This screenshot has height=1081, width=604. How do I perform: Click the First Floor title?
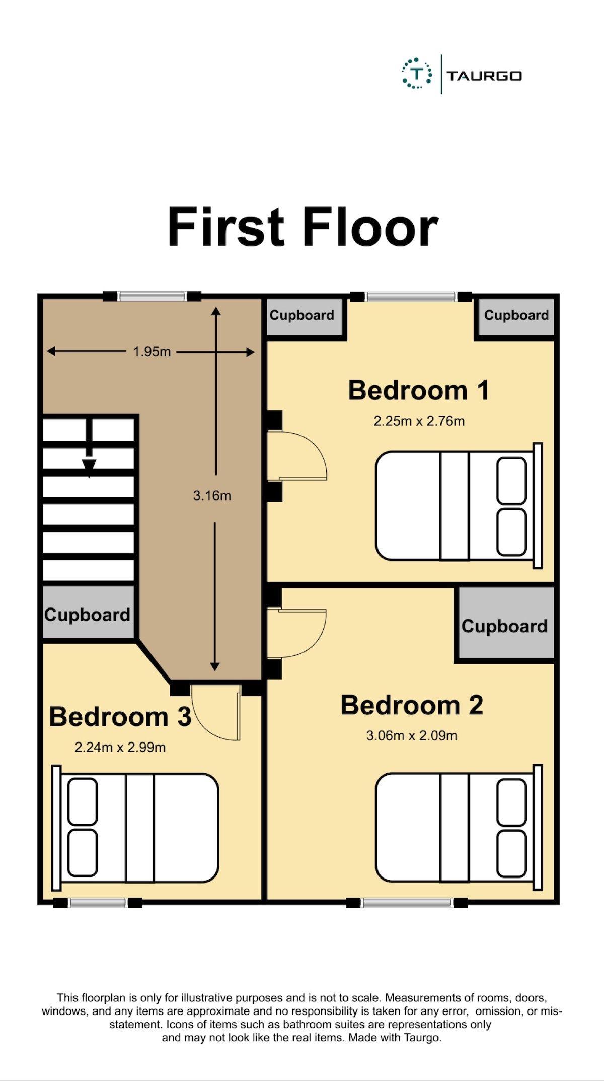tap(303, 227)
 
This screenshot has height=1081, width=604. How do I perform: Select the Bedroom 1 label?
tap(418, 391)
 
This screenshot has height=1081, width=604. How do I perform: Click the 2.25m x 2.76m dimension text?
tap(419, 421)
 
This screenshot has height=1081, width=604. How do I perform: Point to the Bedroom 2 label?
tap(412, 705)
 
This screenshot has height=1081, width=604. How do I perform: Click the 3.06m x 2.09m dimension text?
tap(412, 736)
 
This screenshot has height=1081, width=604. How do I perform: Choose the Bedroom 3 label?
tap(120, 717)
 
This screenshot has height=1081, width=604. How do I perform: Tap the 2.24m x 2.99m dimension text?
tap(120, 747)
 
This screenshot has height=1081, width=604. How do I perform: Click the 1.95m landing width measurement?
tap(152, 352)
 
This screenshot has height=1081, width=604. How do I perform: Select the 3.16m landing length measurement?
tap(212, 496)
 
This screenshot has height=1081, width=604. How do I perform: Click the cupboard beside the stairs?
tap(88, 614)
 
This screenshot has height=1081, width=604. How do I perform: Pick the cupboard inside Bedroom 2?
tap(504, 625)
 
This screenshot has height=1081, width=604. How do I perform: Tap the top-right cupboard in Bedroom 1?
tap(516, 316)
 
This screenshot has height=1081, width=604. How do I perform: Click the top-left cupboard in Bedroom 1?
tap(304, 316)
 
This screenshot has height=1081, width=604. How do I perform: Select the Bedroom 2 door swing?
tap(297, 634)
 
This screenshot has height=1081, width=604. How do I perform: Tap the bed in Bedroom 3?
tap(136, 828)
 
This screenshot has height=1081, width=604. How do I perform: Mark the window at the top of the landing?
tap(152, 297)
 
